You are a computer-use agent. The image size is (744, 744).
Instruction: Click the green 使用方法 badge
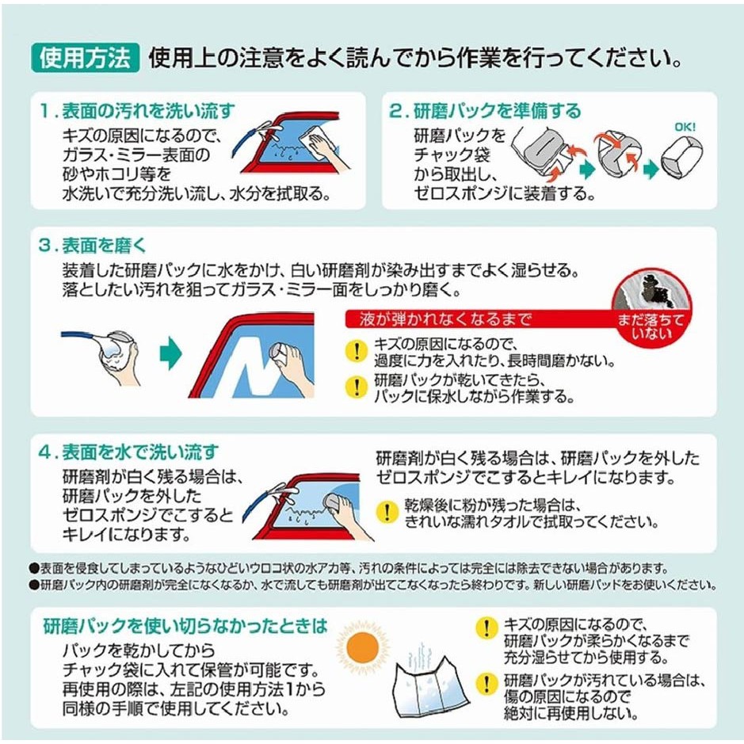click(86, 58)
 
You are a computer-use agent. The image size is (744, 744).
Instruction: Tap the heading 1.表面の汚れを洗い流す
click(138, 111)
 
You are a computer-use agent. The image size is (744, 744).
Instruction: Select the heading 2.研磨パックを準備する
click(485, 111)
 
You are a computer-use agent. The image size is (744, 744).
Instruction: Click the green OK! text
click(685, 127)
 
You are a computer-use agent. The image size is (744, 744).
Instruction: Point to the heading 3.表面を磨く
click(93, 246)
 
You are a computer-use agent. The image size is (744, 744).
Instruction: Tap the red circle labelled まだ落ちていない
click(651, 308)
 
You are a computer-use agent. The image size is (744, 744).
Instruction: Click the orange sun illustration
click(362, 647)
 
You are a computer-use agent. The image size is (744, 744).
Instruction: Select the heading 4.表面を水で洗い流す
click(129, 452)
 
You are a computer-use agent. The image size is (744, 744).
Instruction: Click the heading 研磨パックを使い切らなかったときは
click(185, 626)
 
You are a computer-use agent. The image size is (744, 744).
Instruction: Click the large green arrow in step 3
click(171, 353)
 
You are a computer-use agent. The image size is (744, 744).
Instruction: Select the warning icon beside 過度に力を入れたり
click(357, 352)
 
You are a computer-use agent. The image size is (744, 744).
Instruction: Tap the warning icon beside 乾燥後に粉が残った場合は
click(387, 512)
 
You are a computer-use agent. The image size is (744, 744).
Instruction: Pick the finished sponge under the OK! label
click(681, 157)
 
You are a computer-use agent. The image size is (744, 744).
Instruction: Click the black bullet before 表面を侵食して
click(34, 568)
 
